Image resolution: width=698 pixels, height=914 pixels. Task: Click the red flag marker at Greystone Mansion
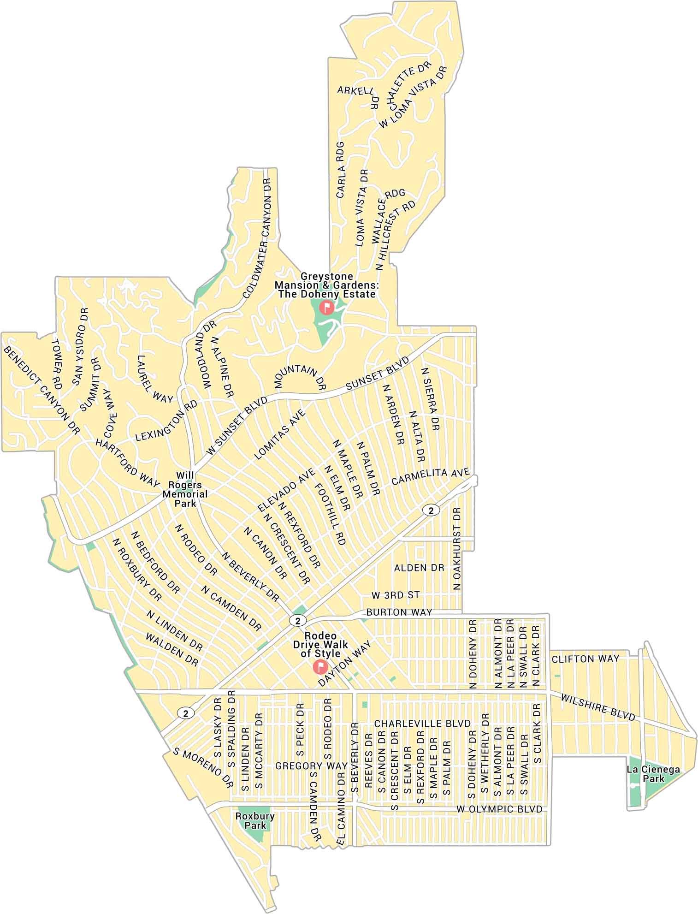[x=326, y=307]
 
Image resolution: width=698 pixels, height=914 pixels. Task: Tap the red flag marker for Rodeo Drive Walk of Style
[x=319, y=666]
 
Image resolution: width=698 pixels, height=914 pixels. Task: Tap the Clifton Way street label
[x=586, y=659]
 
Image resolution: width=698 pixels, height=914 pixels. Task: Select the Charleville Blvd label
[x=422, y=723]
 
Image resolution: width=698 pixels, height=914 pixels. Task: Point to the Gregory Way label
[x=311, y=766]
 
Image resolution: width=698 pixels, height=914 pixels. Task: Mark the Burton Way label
[x=399, y=612]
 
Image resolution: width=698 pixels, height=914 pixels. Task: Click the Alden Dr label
[x=419, y=568]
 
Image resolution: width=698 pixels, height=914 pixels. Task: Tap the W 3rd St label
[x=396, y=595]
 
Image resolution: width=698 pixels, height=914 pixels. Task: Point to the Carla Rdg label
[x=341, y=167]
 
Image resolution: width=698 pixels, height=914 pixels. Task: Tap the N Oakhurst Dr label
[x=457, y=549]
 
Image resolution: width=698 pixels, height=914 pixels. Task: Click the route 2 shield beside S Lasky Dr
[x=186, y=713]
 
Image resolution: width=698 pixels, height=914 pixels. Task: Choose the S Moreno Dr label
[x=201, y=767]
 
